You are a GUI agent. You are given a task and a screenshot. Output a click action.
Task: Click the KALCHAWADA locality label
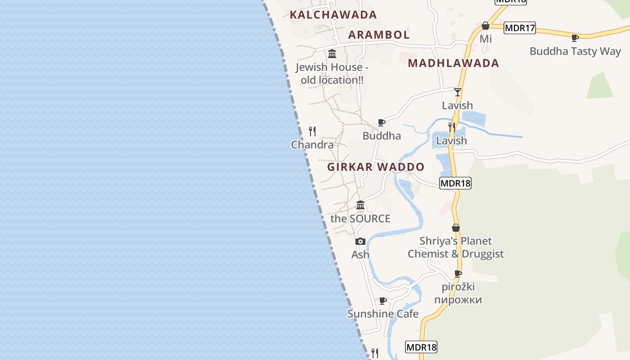point(333,14)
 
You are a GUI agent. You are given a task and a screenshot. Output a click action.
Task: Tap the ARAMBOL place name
point(379,35)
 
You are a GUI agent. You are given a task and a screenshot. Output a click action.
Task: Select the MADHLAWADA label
point(454,63)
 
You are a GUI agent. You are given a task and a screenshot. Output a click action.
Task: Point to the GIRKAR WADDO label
point(376,167)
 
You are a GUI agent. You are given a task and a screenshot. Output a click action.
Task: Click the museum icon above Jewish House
point(332,54)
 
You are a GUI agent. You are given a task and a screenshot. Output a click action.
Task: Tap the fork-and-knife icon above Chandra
point(312,131)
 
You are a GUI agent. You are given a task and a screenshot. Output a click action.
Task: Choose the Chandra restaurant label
point(312,145)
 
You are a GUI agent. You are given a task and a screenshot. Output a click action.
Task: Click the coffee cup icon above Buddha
point(382,122)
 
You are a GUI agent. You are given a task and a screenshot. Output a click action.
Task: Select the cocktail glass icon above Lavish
point(458,92)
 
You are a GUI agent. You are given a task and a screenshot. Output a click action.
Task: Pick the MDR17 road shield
point(520,28)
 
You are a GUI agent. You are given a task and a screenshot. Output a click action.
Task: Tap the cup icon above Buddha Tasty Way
point(575,38)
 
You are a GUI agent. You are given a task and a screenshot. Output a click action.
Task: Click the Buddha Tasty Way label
point(575,51)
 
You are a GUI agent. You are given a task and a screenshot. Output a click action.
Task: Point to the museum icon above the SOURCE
point(360,205)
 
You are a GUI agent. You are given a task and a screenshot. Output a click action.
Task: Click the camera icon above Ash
point(360,242)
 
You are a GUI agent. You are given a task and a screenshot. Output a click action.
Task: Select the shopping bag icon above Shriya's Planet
point(456,228)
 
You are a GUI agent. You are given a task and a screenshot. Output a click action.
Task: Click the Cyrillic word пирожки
point(458,300)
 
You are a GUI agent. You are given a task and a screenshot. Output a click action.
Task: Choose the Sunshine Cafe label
point(383,314)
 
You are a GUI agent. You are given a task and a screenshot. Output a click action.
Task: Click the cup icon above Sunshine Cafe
point(383,301)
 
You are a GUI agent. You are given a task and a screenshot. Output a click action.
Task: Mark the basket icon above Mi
point(485,26)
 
